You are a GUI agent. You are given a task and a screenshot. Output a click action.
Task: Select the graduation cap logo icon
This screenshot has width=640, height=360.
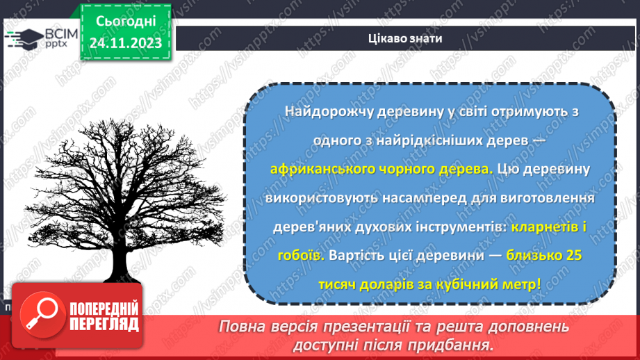23,38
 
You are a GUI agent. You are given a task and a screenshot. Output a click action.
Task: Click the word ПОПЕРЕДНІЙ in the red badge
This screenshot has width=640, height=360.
103,309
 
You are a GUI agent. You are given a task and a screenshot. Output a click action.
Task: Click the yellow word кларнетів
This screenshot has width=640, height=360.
539,227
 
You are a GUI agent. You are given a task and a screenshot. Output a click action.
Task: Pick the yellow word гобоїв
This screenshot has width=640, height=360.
302,255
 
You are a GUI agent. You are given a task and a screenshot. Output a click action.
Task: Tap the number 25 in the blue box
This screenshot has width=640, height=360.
574,255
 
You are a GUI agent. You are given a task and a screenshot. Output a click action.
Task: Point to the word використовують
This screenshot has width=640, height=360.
322,198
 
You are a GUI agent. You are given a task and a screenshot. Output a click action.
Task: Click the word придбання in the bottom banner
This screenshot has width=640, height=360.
453,345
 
